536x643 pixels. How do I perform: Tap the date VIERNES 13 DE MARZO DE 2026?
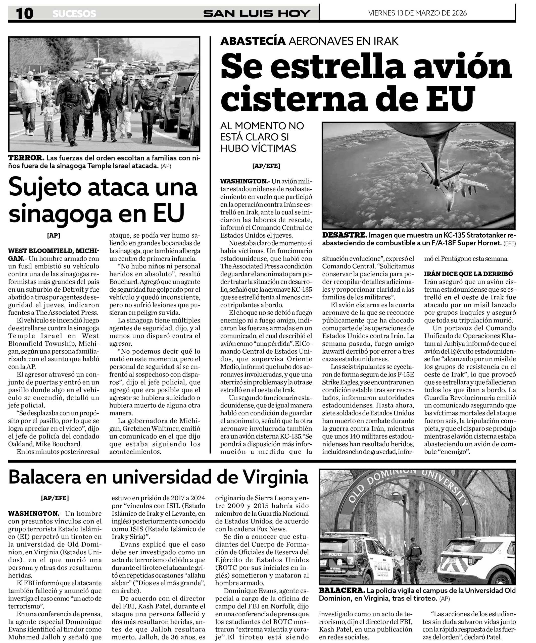point(417,13)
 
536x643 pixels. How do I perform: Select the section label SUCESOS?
point(74,14)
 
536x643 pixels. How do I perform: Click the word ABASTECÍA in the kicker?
point(253,41)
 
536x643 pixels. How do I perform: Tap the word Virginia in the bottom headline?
point(275,477)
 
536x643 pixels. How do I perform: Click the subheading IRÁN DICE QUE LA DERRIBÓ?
point(468,274)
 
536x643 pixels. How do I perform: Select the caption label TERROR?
point(26,158)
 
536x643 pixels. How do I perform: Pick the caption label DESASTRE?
point(344,235)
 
